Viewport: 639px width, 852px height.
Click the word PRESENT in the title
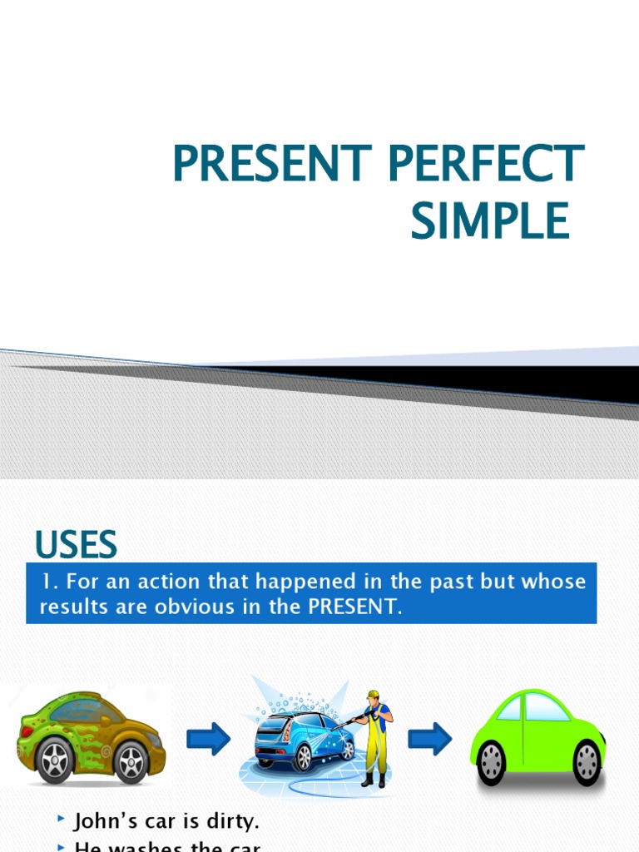click(x=259, y=164)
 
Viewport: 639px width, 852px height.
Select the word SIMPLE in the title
click(x=490, y=221)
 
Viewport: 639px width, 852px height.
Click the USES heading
click(x=76, y=546)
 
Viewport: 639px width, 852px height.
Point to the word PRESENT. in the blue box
click(x=355, y=607)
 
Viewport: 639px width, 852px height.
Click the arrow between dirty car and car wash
click(x=209, y=737)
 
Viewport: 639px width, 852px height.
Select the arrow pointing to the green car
click(x=430, y=737)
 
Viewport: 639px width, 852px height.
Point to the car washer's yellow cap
click(x=373, y=694)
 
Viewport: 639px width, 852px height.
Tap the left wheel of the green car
click(x=493, y=761)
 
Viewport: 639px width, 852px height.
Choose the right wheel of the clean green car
click(x=586, y=761)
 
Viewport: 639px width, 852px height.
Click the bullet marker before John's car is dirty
click(x=61, y=820)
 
